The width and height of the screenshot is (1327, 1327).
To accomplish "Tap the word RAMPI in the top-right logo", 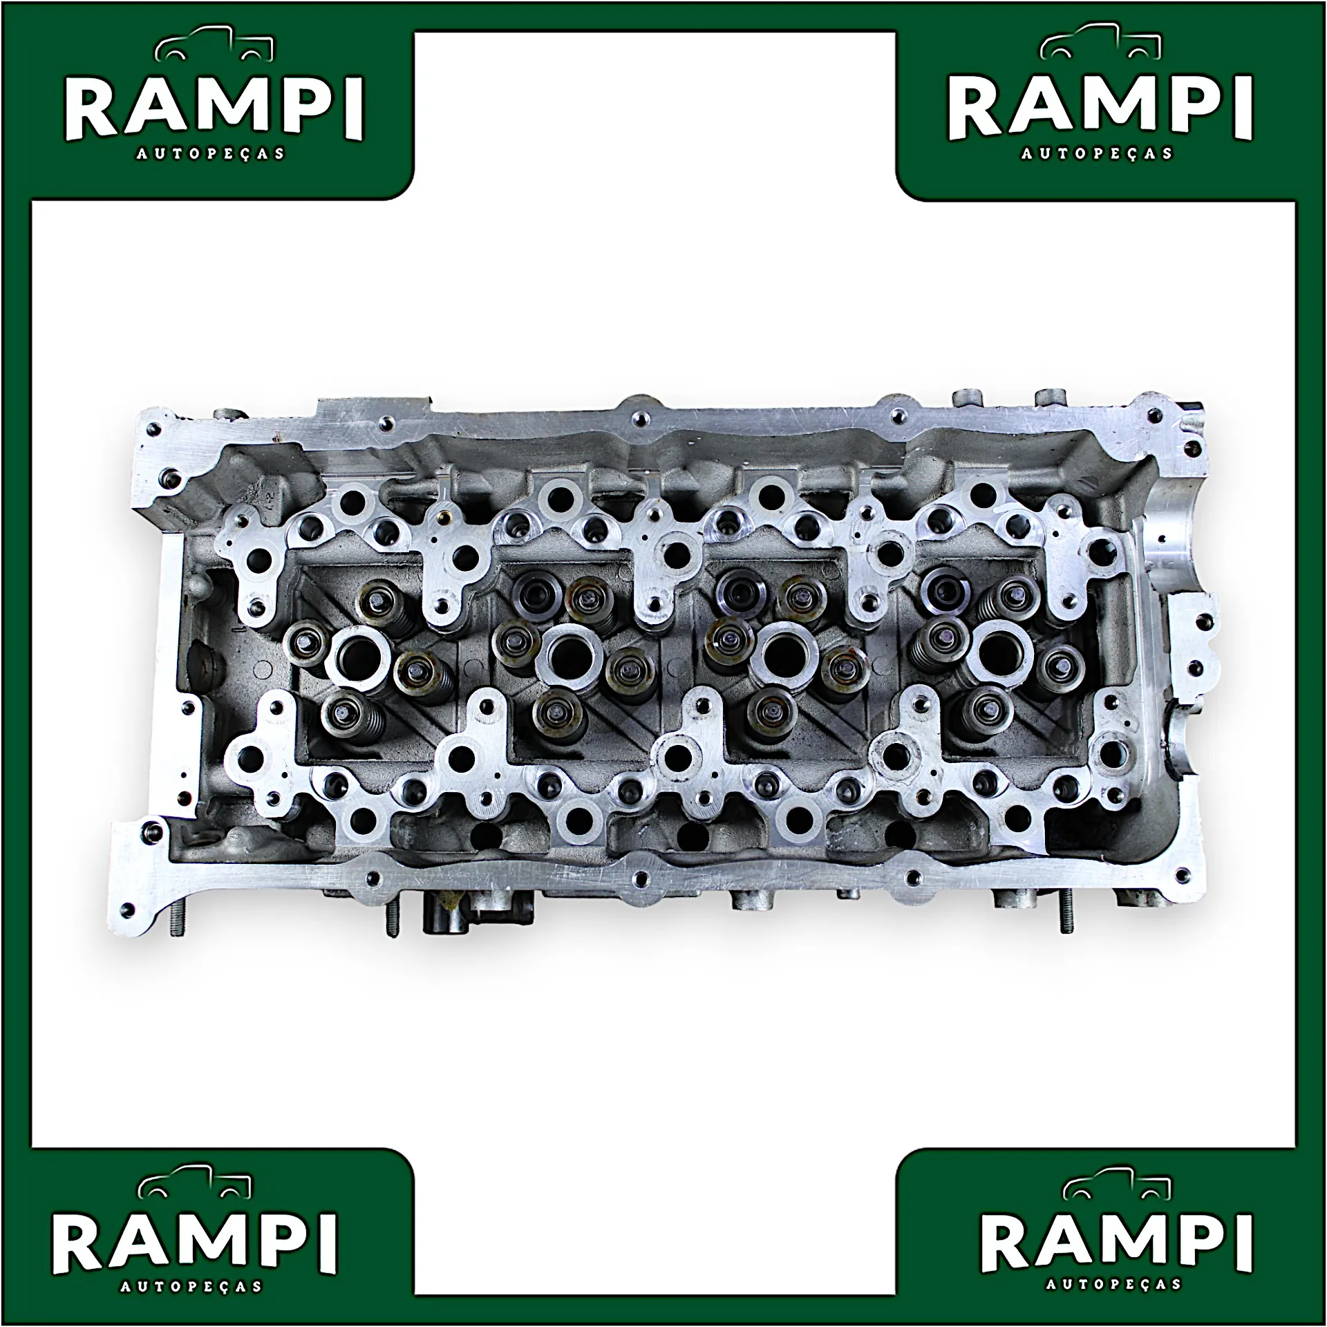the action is coord(1100,108).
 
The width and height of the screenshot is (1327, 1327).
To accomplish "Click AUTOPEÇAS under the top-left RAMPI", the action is coord(210,153).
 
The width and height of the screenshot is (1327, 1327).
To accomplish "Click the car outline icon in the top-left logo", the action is coord(214,47).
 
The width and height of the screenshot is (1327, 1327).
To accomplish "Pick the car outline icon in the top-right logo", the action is coord(1100,45).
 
